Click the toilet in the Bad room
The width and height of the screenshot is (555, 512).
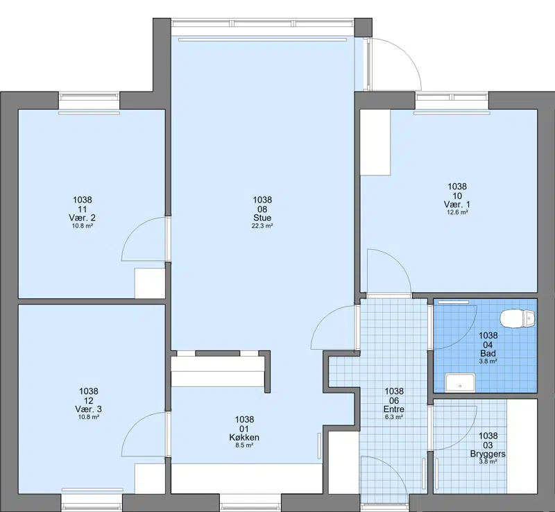[x=518, y=318]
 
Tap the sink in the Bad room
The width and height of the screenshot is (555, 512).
[x=460, y=382]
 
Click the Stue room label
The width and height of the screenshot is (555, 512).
[x=262, y=218]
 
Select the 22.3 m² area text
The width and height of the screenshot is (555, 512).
[x=262, y=226]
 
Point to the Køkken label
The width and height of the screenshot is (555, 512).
[x=244, y=437]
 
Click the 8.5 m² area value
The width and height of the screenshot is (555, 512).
[x=244, y=445]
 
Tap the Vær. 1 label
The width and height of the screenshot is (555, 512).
[x=457, y=204]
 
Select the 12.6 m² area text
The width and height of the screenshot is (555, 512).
[x=457, y=212]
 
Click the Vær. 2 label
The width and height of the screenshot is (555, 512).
[x=83, y=218]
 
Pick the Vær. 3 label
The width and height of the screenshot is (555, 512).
[x=89, y=409]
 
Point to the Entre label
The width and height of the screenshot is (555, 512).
[x=394, y=409]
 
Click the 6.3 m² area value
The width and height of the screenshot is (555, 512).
[x=394, y=417]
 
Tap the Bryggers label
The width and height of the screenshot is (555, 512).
[x=488, y=454]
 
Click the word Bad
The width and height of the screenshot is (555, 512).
[x=488, y=353]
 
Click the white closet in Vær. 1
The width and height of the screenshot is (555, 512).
[x=375, y=142]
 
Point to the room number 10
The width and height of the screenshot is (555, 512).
[x=457, y=196]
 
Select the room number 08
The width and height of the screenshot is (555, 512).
[x=262, y=210]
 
